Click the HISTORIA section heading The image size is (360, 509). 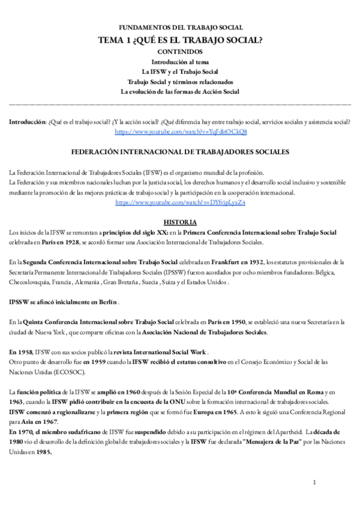click(x=179, y=222)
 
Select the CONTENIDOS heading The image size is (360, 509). click(x=179, y=52)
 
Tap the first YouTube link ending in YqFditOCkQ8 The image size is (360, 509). click(x=180, y=131)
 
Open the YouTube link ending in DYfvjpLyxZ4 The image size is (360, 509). click(x=180, y=202)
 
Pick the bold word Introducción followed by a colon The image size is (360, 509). click(x=27, y=121)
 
